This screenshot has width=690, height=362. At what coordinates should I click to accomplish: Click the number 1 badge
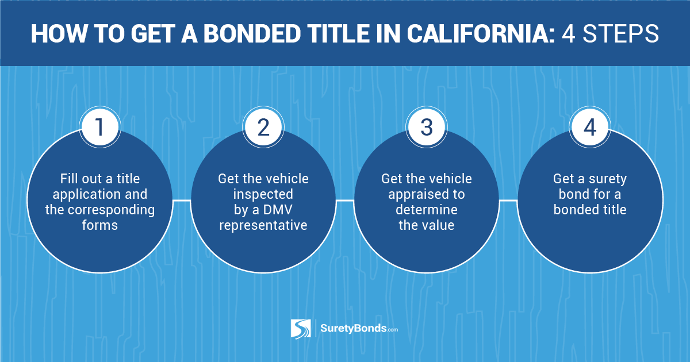(100, 127)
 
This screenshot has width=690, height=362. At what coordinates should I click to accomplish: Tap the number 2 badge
(263, 127)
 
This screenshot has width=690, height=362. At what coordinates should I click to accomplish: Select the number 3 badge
(427, 127)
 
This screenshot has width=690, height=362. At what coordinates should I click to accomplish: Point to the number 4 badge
(590, 127)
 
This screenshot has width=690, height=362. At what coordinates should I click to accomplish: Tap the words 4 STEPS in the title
(610, 33)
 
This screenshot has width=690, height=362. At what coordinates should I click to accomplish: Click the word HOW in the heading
(59, 33)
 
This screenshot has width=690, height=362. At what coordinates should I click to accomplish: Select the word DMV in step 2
(278, 210)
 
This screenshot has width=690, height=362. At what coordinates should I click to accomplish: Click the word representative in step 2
(263, 225)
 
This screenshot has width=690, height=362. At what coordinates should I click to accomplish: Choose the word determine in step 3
(427, 210)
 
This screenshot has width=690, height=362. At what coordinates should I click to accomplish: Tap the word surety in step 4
(608, 179)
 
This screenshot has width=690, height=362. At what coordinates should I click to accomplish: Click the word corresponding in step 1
(111, 210)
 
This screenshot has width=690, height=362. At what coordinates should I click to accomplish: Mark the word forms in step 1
(100, 225)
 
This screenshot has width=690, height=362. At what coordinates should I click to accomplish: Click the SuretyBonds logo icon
(301, 329)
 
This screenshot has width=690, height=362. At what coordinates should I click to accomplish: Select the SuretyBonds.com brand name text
(359, 329)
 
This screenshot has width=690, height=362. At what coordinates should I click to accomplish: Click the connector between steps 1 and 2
(182, 201)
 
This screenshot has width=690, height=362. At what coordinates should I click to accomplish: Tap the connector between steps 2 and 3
(345, 201)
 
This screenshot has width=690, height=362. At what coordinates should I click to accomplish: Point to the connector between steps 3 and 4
(508, 201)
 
